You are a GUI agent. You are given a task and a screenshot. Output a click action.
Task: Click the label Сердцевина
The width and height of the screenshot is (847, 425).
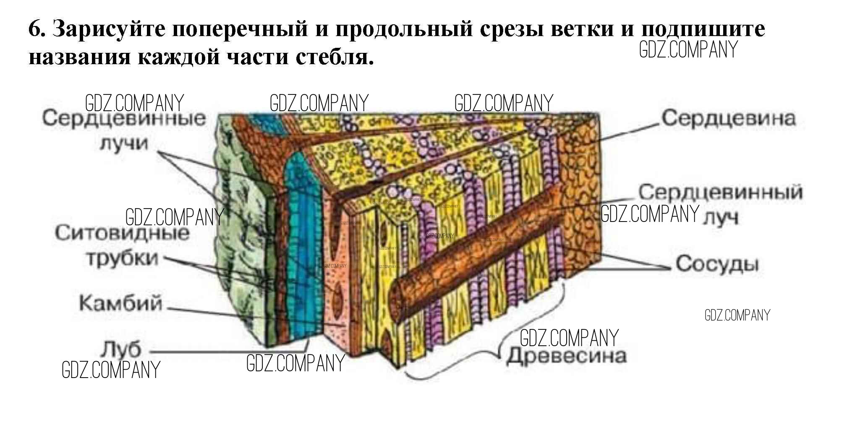(x=728, y=118)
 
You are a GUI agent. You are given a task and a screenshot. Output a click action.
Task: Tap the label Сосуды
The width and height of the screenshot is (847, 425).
(x=717, y=264)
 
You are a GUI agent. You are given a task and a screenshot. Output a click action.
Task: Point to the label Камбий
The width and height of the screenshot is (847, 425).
(x=120, y=303)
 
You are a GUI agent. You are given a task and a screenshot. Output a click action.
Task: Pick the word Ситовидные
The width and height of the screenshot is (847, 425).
(x=122, y=233)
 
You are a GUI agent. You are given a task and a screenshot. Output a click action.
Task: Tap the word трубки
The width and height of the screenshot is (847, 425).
(x=123, y=258)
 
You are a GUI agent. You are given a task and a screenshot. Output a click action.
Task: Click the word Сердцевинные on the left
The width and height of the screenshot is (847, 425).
(x=124, y=118)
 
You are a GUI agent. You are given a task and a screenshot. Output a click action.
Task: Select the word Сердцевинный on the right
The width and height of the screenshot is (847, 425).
(x=720, y=192)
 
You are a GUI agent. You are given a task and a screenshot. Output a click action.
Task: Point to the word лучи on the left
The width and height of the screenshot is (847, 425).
(x=124, y=143)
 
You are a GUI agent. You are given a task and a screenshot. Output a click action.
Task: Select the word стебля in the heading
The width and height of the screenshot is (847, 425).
(x=334, y=57)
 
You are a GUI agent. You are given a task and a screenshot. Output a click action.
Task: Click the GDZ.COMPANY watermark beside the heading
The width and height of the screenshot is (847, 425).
(x=688, y=50)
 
